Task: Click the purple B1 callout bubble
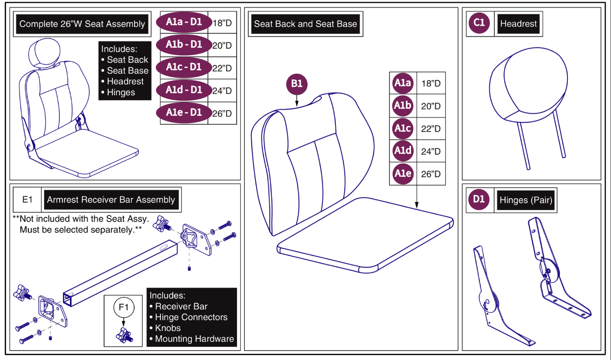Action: [297, 84]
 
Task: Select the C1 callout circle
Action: [479, 23]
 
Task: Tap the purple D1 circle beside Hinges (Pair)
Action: [478, 199]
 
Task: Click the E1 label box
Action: [27, 199]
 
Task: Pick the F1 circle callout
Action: [124, 308]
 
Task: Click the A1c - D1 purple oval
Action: [184, 67]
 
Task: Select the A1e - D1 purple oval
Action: [184, 113]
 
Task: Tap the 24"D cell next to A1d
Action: [431, 152]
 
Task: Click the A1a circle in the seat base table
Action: [402, 83]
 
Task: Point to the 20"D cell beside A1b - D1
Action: [222, 46]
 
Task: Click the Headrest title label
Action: [518, 24]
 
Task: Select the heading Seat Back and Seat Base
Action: [305, 24]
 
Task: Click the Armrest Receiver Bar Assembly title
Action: [111, 200]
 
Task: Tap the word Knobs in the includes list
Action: [168, 328]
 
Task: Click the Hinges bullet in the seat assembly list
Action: [121, 93]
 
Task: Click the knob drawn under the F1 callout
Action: [124, 336]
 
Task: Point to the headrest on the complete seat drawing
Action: [44, 53]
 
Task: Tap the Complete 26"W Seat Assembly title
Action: [82, 24]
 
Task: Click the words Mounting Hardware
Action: [194, 339]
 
